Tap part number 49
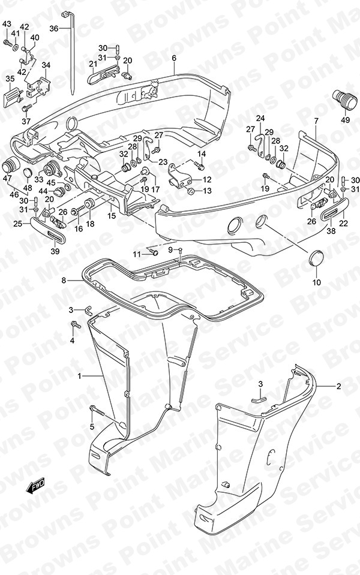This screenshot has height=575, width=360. click(345, 119)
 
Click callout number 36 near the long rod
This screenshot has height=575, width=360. click(54, 28)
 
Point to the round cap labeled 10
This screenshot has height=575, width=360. click(316, 258)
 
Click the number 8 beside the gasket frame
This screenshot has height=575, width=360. click(74, 281)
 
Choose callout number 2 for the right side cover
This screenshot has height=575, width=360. click(339, 386)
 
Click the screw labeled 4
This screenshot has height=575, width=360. click(76, 324)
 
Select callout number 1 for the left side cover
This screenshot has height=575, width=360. click(79, 376)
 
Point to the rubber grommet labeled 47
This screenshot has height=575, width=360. click(10, 166)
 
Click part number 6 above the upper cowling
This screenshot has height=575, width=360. click(174, 58)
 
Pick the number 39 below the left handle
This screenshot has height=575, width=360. click(55, 252)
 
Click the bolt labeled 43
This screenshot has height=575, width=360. click(8, 43)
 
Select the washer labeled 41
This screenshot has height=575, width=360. click(16, 48)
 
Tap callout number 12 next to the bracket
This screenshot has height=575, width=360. click(207, 180)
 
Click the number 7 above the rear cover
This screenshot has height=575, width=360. click(316, 121)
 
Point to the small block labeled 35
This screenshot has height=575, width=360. click(13, 98)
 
